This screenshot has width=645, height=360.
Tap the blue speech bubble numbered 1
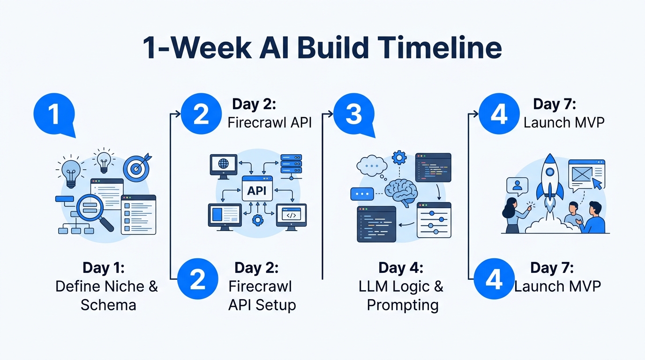[54, 114]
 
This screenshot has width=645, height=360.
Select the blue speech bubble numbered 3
[354, 114]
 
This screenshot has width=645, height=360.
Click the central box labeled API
[257, 188]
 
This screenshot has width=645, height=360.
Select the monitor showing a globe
[223, 166]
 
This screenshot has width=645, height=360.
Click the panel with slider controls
[434, 219]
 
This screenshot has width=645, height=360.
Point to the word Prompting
[403, 305]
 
